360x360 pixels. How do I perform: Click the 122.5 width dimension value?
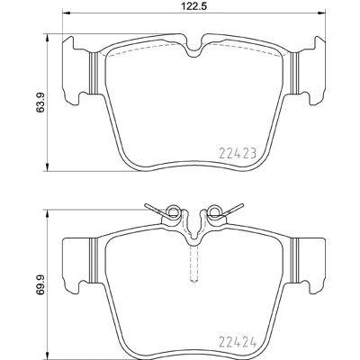194,6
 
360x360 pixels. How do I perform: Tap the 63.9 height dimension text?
40,103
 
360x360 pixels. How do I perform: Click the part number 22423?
238,154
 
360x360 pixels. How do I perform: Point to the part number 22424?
238,342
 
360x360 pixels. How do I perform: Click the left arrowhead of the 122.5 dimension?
66,13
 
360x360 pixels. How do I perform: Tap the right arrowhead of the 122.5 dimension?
321,13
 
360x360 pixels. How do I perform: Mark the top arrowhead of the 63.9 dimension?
47,38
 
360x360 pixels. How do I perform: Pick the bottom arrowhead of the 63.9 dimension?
47,167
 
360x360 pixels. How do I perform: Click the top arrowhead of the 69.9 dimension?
47,214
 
